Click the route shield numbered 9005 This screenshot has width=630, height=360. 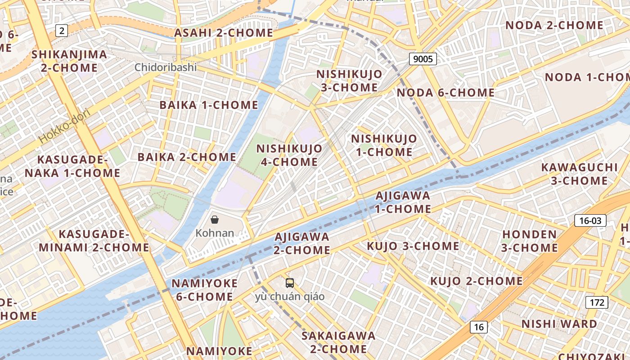point(423,59)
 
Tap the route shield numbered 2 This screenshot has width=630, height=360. point(62,31)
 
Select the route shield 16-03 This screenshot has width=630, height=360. point(590,220)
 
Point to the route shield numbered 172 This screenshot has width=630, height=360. point(597,302)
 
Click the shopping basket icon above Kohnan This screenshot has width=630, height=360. point(215,220)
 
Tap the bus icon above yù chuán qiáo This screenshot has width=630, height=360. point(290,283)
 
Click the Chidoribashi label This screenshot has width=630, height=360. point(166,67)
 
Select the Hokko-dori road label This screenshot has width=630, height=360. point(65,126)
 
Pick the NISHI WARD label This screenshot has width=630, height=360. point(559,324)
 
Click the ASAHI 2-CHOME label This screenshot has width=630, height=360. point(224,33)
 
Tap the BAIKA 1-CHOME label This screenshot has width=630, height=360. point(209,105)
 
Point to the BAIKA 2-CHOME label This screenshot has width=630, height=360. point(187,157)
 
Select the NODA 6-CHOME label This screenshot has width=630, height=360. point(445,93)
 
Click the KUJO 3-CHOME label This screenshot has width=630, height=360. point(413,246)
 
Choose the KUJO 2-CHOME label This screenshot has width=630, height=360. point(477,281)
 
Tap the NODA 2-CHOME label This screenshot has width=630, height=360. point(554,25)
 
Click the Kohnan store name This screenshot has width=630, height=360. point(215,233)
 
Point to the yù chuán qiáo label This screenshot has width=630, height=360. point(290,297)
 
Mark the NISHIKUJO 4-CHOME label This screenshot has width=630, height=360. point(289,155)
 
